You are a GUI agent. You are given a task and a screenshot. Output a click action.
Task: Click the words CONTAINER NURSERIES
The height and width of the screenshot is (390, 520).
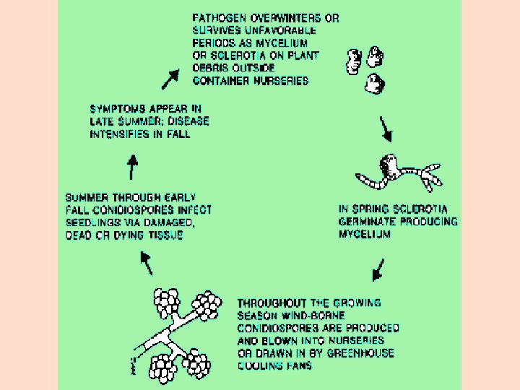(251, 81)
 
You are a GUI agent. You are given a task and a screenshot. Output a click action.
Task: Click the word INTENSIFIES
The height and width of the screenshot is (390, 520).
(121, 134)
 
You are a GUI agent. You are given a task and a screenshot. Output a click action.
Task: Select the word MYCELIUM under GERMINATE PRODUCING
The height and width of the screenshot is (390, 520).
(365, 234)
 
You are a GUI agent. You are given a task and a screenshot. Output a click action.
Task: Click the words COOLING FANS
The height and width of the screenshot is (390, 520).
(274, 365)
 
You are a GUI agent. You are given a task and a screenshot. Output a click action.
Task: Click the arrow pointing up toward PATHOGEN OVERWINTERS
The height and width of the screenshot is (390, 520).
(171, 79)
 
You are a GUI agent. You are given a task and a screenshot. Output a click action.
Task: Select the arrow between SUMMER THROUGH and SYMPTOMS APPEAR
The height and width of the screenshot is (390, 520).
(132, 168)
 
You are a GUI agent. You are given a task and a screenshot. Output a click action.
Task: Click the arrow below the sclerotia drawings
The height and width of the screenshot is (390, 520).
(386, 131)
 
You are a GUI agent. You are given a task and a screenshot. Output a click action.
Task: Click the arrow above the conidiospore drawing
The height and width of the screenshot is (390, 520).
(147, 263)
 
